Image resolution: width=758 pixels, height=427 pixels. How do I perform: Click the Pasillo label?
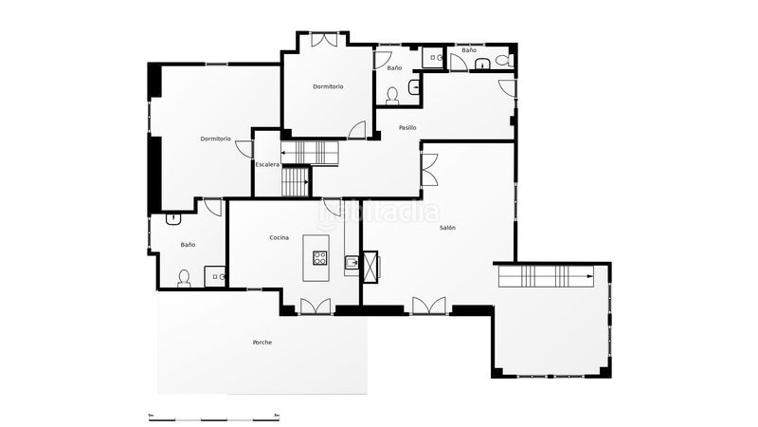[407, 128]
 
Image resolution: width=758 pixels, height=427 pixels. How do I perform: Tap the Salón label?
[447, 228]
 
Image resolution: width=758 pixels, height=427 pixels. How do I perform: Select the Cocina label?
[279, 238]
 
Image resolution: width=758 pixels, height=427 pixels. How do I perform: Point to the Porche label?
[262, 343]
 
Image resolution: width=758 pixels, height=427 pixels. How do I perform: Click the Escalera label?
[267, 164]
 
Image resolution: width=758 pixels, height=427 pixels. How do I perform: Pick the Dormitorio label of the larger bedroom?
[216, 139]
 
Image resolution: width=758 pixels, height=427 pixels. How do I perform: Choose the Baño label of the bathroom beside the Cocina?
[188, 245]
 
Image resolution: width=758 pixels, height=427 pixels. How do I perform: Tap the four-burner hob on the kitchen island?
[319, 257]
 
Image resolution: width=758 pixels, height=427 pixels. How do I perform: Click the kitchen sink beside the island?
[352, 263]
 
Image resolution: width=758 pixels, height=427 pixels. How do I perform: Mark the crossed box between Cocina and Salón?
[370, 267]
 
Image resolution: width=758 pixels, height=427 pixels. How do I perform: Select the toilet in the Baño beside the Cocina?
[184, 278]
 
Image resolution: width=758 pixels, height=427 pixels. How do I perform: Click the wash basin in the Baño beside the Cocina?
[173, 219]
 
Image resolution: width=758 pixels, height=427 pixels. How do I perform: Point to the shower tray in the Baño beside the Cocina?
[215, 276]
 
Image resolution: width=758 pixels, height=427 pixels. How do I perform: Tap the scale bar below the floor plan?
[214, 418]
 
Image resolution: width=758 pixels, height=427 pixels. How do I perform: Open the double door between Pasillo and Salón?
[429, 170]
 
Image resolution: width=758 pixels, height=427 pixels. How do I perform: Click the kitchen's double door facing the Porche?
[316, 306]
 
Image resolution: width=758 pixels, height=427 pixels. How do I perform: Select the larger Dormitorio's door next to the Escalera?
[244, 149]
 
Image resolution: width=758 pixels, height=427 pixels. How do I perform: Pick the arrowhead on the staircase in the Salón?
[589, 276]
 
